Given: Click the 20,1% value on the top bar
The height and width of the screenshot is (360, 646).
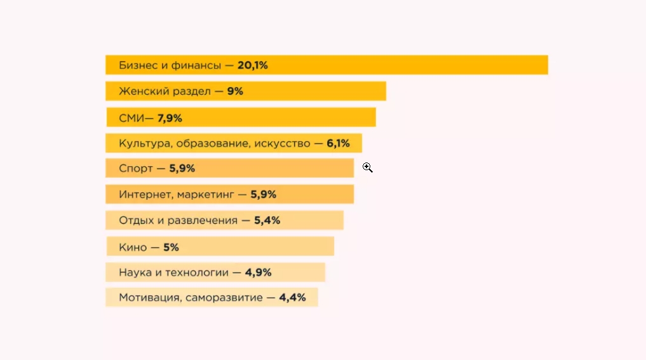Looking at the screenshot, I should (x=252, y=65).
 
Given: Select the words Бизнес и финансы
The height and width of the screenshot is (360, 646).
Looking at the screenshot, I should (x=170, y=65).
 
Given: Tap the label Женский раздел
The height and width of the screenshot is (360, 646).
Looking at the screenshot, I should (x=165, y=91).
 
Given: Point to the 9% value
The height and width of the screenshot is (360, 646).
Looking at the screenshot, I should (x=235, y=91).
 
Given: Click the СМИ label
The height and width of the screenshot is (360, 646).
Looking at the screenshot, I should (x=131, y=118).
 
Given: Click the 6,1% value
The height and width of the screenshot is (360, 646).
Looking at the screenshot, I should (x=338, y=143).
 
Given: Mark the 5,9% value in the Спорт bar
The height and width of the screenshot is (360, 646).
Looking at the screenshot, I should (x=182, y=169).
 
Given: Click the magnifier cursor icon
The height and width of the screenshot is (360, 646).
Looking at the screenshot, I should (x=367, y=168).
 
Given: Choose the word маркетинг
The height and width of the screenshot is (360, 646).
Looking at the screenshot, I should (x=205, y=195).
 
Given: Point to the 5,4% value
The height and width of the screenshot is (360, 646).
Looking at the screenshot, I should (x=267, y=221).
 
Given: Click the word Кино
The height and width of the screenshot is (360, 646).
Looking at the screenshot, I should (x=133, y=247).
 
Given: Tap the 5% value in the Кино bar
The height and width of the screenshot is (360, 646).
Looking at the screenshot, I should (x=170, y=247).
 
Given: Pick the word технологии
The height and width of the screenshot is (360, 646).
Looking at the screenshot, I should (x=196, y=272).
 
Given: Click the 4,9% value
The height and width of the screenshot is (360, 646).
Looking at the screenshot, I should (x=258, y=272).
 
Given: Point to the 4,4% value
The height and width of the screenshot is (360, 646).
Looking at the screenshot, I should (x=292, y=297).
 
